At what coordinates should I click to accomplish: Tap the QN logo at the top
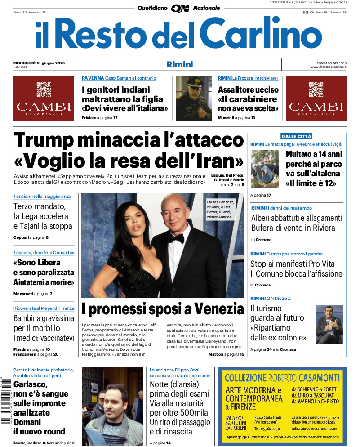click(x=180, y=8)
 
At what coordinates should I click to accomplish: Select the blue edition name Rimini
click(x=179, y=64)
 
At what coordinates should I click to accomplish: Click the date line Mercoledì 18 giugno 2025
click(x=39, y=63)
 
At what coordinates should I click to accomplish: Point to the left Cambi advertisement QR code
click(x=44, y=89)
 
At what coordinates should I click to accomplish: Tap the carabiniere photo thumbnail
click(x=194, y=98)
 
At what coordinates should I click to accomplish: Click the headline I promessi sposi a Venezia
click(x=163, y=309)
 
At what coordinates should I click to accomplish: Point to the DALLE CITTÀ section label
click(x=296, y=136)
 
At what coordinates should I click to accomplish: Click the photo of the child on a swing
click(x=265, y=169)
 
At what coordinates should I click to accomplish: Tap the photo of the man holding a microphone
click(x=329, y=324)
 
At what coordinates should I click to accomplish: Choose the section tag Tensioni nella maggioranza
click(x=42, y=197)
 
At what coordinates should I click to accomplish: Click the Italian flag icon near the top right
click(x=305, y=13)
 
